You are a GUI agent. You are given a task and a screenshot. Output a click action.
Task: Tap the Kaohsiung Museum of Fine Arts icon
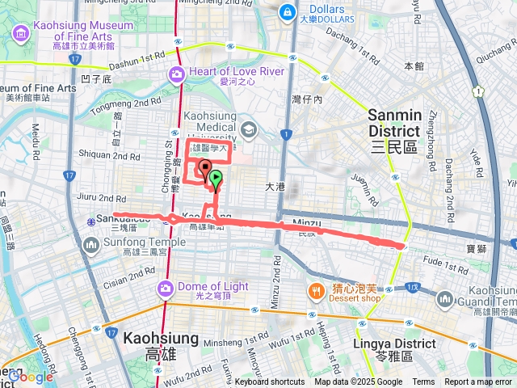(x=20, y=36)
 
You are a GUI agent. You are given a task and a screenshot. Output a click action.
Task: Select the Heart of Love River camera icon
(x=177, y=74)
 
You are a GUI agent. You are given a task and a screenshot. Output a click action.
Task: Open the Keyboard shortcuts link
(x=270, y=382)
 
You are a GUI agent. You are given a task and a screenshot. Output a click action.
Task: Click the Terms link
(x=423, y=382)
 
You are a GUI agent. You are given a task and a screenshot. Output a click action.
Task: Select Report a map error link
(x=479, y=382)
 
